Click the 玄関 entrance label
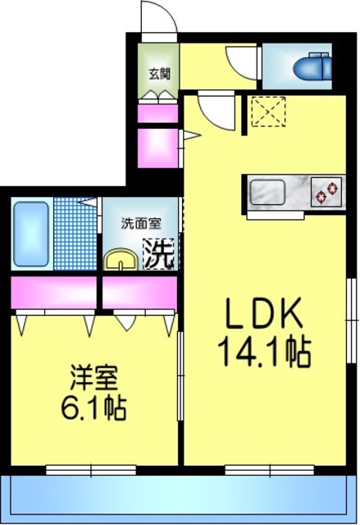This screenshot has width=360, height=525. [x=158, y=73]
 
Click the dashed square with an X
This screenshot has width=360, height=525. [x=267, y=111]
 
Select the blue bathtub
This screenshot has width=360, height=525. [x=32, y=233]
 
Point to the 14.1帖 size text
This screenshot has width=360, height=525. [x=263, y=352]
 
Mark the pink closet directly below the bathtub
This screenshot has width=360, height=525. [x=53, y=292]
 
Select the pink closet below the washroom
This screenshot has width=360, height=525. [x=139, y=292]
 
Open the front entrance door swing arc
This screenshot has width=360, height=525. [x=156, y=18]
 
